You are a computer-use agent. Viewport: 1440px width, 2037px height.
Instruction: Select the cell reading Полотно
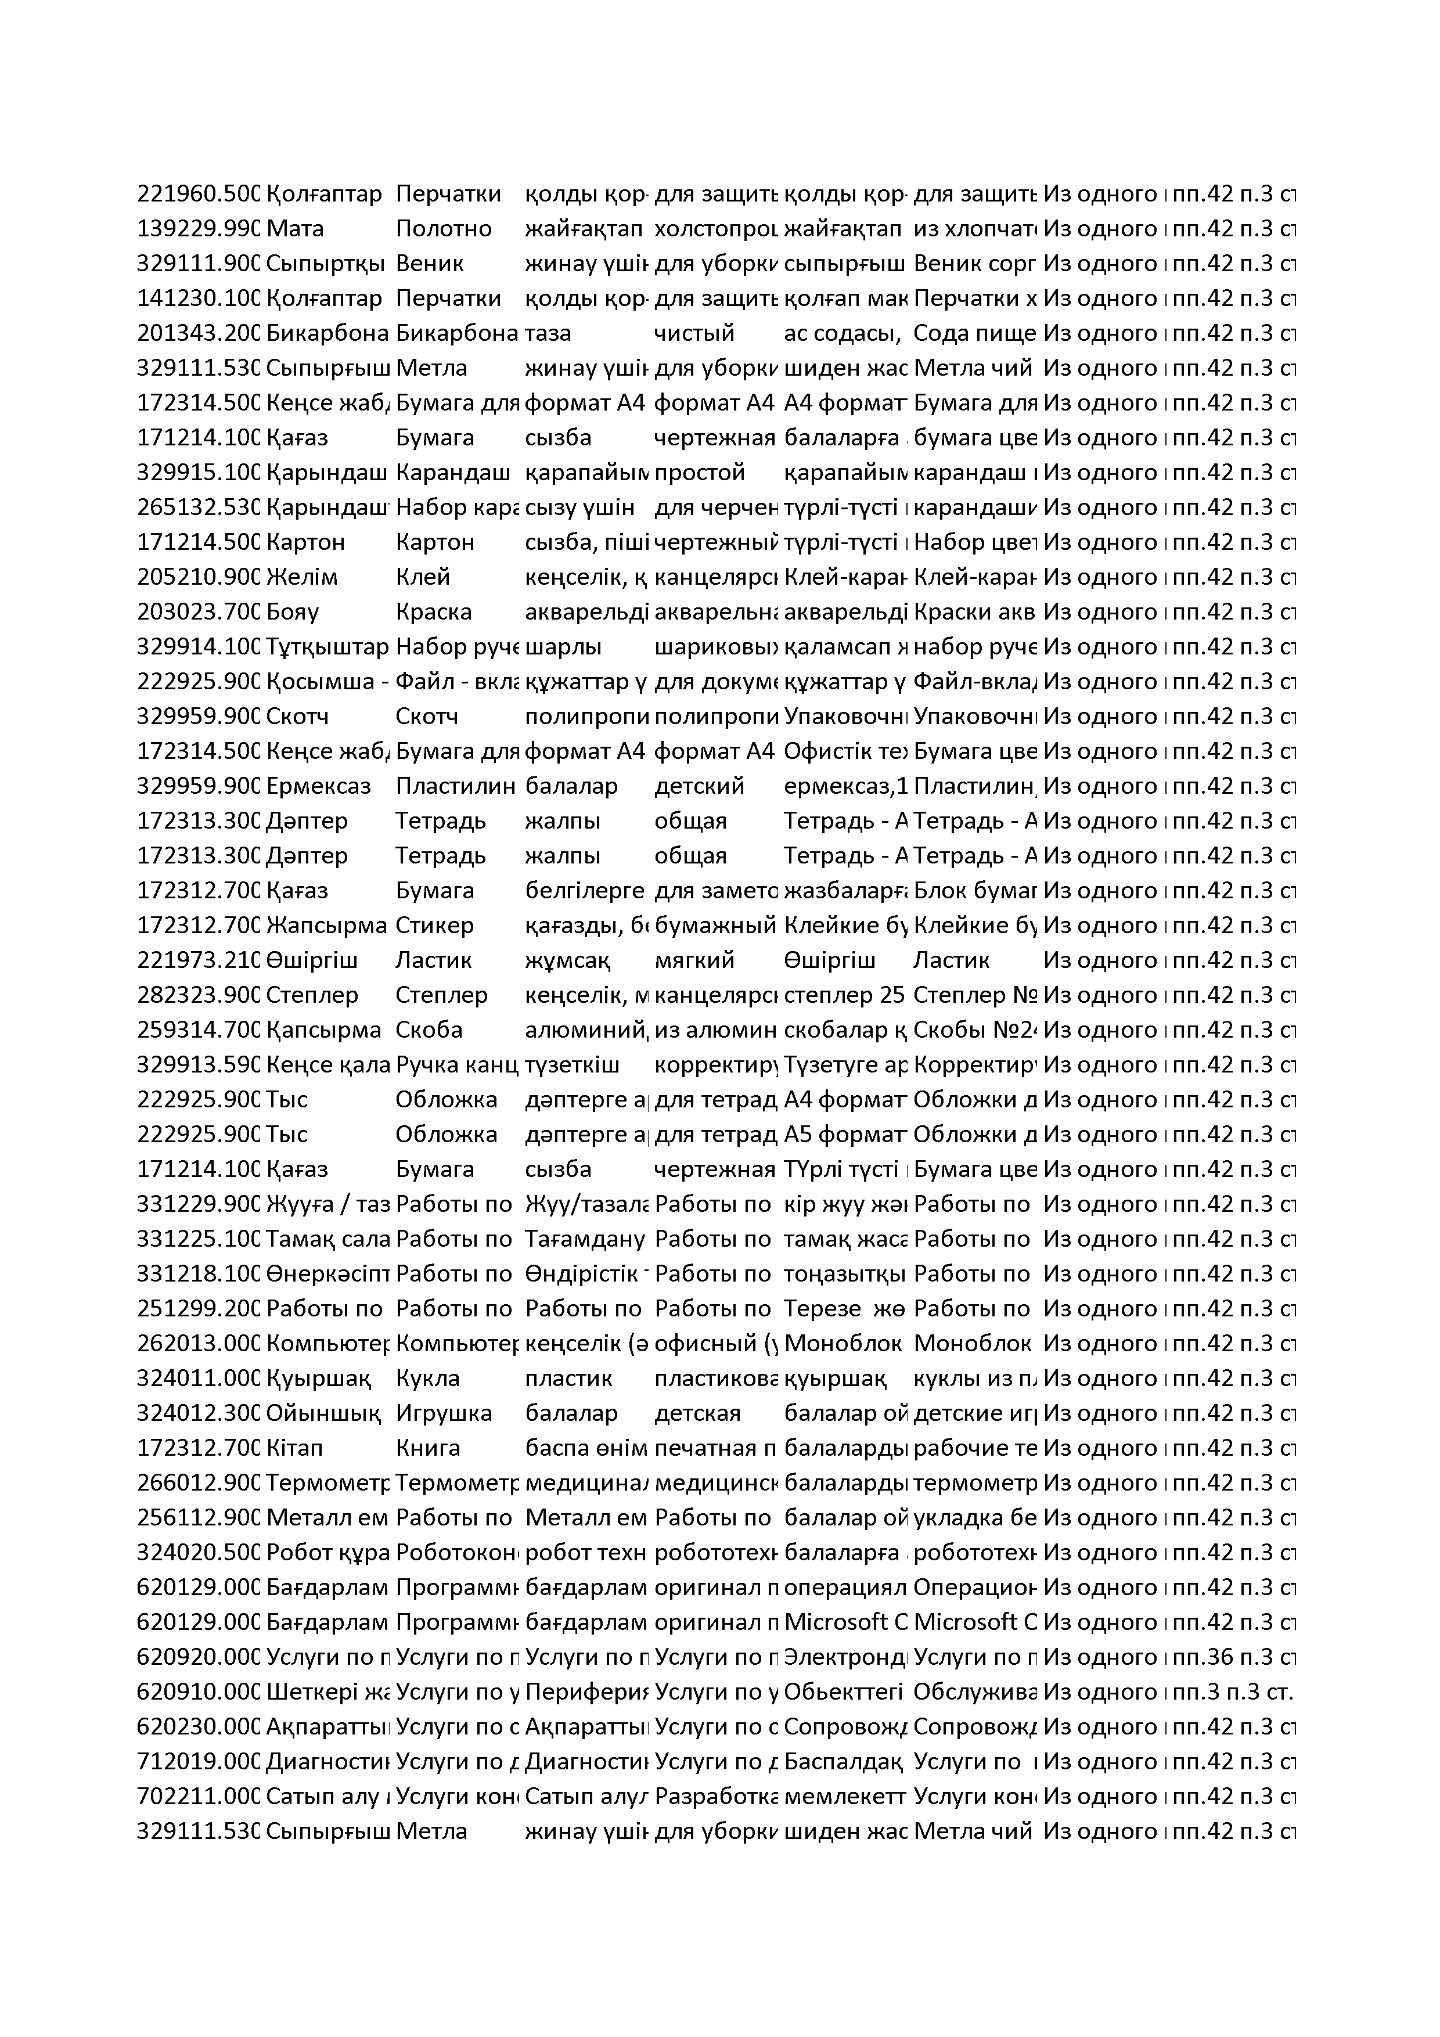(x=444, y=229)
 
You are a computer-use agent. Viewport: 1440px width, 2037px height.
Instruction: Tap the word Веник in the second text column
(x=430, y=264)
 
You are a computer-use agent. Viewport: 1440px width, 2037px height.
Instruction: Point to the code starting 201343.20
(x=198, y=333)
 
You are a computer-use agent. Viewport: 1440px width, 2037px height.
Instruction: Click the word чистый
(x=694, y=333)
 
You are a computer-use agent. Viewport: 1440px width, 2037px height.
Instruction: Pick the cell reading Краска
(x=434, y=612)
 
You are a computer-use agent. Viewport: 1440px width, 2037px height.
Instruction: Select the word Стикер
(x=435, y=926)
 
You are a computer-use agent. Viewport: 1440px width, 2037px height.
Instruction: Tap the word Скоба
(x=430, y=1030)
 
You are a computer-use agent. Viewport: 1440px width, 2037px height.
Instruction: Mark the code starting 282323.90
(x=198, y=995)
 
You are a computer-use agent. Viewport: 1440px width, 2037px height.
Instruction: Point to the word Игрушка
(x=444, y=1413)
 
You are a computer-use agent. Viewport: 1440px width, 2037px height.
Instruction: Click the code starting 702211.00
(x=198, y=1797)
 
